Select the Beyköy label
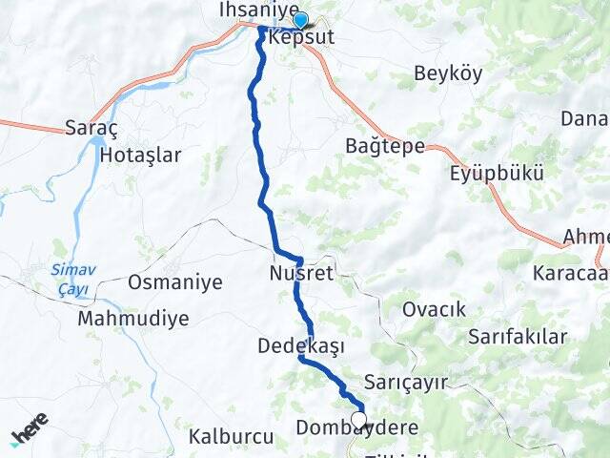point(449,73)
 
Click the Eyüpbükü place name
point(497,175)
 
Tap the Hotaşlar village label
point(140,155)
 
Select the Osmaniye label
point(175,282)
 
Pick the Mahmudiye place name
point(134,318)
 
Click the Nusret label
point(301,275)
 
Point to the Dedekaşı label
point(301,345)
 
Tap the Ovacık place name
point(434,309)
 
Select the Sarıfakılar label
point(518,337)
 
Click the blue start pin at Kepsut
point(300,20)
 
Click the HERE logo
point(29,431)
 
